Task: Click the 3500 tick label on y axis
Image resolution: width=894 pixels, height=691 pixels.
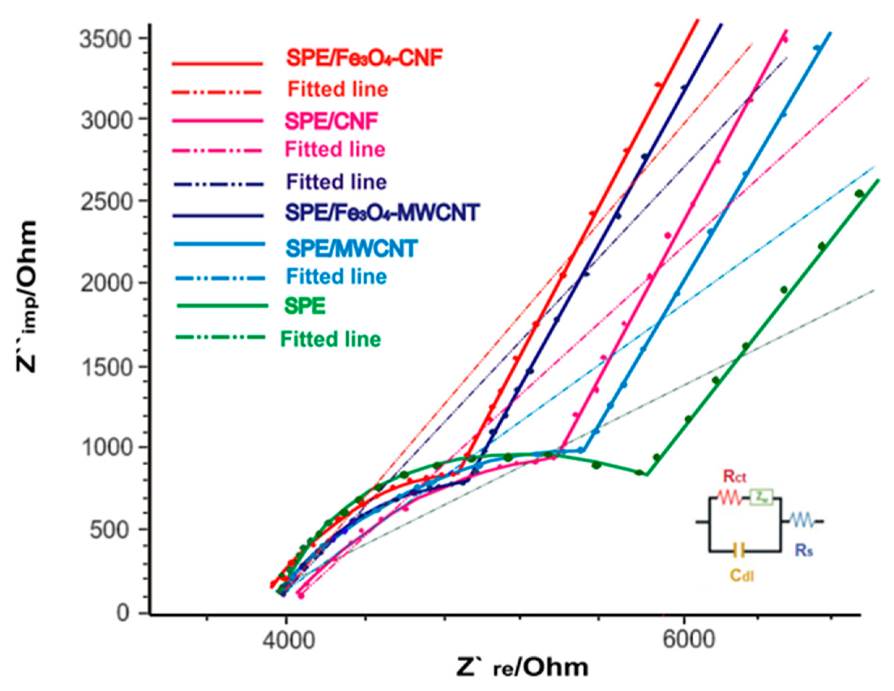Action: [108, 40]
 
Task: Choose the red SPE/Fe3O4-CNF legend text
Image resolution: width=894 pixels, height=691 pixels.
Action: [364, 59]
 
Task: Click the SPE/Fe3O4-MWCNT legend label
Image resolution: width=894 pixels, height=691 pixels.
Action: [382, 213]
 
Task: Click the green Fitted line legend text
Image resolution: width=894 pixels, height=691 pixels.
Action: [330, 339]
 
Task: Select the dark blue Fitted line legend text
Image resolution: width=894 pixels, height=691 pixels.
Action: [337, 182]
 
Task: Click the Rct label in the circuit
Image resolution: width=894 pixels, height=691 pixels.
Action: [735, 477]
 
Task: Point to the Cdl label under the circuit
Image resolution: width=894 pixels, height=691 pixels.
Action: [742, 577]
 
